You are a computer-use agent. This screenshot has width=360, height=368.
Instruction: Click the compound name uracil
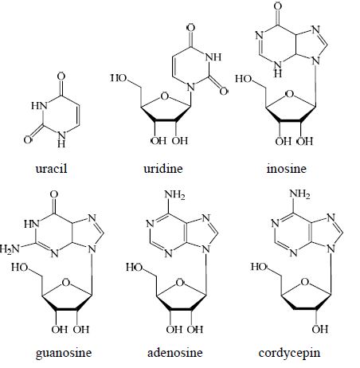click(x=51, y=169)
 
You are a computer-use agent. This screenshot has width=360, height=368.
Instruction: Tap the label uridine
click(x=163, y=169)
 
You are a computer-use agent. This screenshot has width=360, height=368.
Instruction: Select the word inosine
click(x=287, y=169)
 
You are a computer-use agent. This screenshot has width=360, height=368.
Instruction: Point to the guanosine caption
click(x=64, y=353)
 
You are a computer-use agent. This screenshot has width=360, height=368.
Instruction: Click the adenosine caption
click(x=174, y=353)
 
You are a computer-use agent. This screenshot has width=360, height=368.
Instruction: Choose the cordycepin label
click(x=289, y=353)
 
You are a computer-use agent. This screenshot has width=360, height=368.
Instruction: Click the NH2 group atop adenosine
click(x=174, y=195)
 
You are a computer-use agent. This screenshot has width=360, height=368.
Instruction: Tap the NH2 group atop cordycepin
click(x=299, y=194)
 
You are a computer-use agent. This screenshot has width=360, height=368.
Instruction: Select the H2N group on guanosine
click(x=10, y=249)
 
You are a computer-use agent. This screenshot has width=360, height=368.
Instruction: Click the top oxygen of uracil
click(x=61, y=76)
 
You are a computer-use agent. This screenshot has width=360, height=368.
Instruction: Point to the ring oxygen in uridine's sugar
click(x=165, y=96)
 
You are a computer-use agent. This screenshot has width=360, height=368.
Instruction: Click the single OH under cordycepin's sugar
click(x=320, y=330)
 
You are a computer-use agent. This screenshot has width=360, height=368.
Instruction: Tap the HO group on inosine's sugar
click(x=244, y=79)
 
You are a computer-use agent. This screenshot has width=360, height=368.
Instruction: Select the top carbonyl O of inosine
click(x=278, y=6)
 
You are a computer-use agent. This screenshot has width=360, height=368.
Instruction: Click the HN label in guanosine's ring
click(x=32, y=224)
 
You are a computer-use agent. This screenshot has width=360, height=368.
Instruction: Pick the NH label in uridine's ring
click(x=213, y=57)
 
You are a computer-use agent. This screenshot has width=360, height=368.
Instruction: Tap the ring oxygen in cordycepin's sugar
click(x=305, y=282)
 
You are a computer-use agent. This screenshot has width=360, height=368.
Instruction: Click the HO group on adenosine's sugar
click(x=135, y=267)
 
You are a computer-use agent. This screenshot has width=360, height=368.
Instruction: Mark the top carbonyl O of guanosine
click(x=54, y=194)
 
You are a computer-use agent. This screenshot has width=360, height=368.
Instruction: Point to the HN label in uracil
click(x=39, y=105)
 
